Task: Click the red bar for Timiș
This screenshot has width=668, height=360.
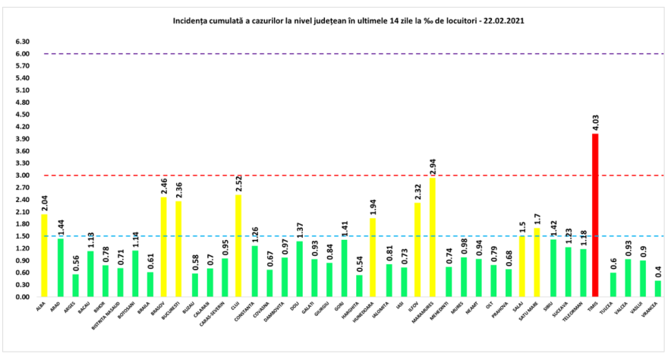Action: pos(595,215)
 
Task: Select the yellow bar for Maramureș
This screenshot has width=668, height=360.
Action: pos(432,237)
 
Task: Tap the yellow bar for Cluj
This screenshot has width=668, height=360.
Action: pos(238,245)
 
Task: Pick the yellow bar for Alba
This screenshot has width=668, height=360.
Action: pos(44,255)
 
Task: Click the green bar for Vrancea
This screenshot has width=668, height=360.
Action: pos(657,289)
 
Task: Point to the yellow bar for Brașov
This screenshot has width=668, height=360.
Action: pos(163,247)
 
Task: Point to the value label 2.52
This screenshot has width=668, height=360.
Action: pos(238,185)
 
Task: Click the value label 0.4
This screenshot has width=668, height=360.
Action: pos(657,272)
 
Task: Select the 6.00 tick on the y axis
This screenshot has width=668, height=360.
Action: pos(23,54)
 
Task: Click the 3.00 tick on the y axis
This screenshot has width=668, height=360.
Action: pos(23,175)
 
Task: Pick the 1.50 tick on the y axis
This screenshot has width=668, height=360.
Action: pos(23,236)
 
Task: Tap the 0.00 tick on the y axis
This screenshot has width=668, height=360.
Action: pos(23,297)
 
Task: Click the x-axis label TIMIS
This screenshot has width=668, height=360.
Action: pos(594,305)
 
